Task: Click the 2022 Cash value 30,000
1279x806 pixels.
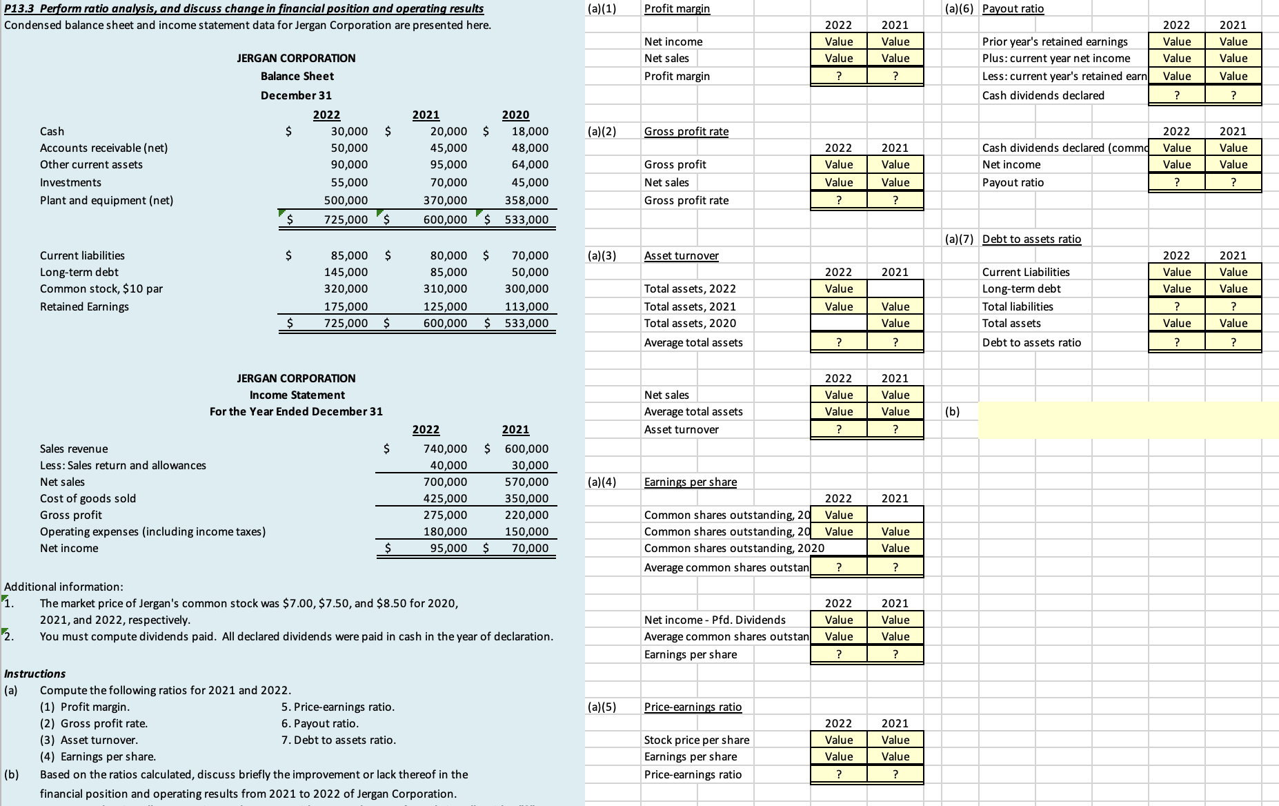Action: click(x=349, y=131)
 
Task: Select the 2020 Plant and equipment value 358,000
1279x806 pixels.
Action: click(x=526, y=201)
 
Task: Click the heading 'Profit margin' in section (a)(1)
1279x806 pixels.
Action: click(x=677, y=9)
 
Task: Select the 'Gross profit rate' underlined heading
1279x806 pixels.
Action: click(x=686, y=131)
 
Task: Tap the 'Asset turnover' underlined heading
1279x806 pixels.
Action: click(x=681, y=255)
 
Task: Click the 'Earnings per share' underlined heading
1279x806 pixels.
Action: click(x=690, y=482)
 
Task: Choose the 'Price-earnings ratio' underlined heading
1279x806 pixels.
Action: click(x=693, y=707)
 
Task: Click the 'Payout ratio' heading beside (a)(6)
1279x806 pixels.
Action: click(x=1013, y=9)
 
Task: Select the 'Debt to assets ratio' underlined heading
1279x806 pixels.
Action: click(x=1031, y=239)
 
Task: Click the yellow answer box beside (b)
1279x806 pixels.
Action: click(x=1127, y=420)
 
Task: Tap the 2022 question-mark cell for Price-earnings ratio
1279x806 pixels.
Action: click(x=838, y=774)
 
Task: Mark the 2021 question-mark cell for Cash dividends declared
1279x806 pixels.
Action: click(x=1233, y=95)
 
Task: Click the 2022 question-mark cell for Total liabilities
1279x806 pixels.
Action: click(x=1176, y=306)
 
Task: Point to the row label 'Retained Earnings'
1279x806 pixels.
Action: click(x=84, y=306)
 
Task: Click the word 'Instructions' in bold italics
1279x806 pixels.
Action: click(x=34, y=674)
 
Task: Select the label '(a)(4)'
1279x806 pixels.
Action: click(x=601, y=482)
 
